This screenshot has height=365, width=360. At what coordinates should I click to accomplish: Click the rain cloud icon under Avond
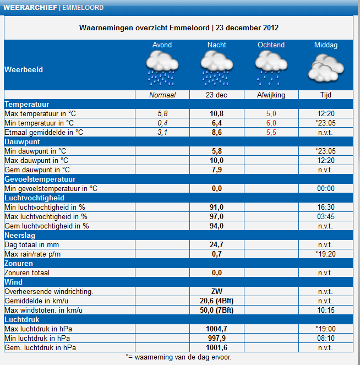click(x=162, y=68)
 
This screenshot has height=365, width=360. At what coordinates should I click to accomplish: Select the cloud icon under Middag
click(x=326, y=68)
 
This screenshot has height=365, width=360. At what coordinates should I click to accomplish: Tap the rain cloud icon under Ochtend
click(x=271, y=68)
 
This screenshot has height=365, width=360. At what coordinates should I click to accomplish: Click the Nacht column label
click(x=217, y=45)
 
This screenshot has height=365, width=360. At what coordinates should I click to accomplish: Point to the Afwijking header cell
click(x=271, y=95)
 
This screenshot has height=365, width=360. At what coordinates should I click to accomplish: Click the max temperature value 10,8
click(x=217, y=113)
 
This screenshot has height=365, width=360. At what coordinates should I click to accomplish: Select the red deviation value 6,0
click(x=271, y=123)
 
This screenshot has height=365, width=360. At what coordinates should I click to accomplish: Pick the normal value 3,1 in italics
click(x=162, y=132)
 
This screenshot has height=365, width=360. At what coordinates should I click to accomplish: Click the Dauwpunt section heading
click(x=22, y=142)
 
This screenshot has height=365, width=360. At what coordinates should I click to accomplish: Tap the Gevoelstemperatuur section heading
click(x=40, y=179)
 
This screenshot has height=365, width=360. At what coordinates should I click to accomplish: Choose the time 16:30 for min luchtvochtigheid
click(x=326, y=207)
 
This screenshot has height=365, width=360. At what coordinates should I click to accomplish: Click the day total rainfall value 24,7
click(x=217, y=244)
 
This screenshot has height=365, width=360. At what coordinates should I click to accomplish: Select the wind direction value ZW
click(x=217, y=291)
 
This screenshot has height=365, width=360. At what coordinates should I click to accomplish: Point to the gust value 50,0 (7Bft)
click(x=217, y=310)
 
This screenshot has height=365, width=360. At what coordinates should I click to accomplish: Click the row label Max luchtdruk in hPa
click(x=39, y=329)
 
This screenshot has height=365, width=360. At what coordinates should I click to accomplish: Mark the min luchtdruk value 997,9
click(x=217, y=338)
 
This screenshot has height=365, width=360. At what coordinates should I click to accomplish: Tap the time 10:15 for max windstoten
click(x=326, y=310)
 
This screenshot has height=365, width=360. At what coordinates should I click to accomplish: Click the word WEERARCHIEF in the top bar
click(x=30, y=8)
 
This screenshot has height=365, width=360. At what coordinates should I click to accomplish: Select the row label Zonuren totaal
click(x=27, y=273)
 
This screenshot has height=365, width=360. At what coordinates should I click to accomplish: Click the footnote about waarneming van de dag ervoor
click(x=178, y=357)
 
